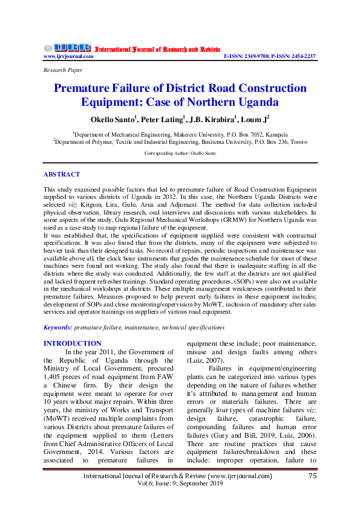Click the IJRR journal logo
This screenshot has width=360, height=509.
pos(67,48)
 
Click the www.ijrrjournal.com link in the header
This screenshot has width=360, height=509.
pos(68,56)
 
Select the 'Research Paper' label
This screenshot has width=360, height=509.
pos(63,70)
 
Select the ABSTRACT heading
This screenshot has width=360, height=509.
pos(62,174)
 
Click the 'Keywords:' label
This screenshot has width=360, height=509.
pos(58,327)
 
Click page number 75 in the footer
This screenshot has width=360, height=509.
pos(312,493)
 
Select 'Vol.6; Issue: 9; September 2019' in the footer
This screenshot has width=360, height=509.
pos(180,501)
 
